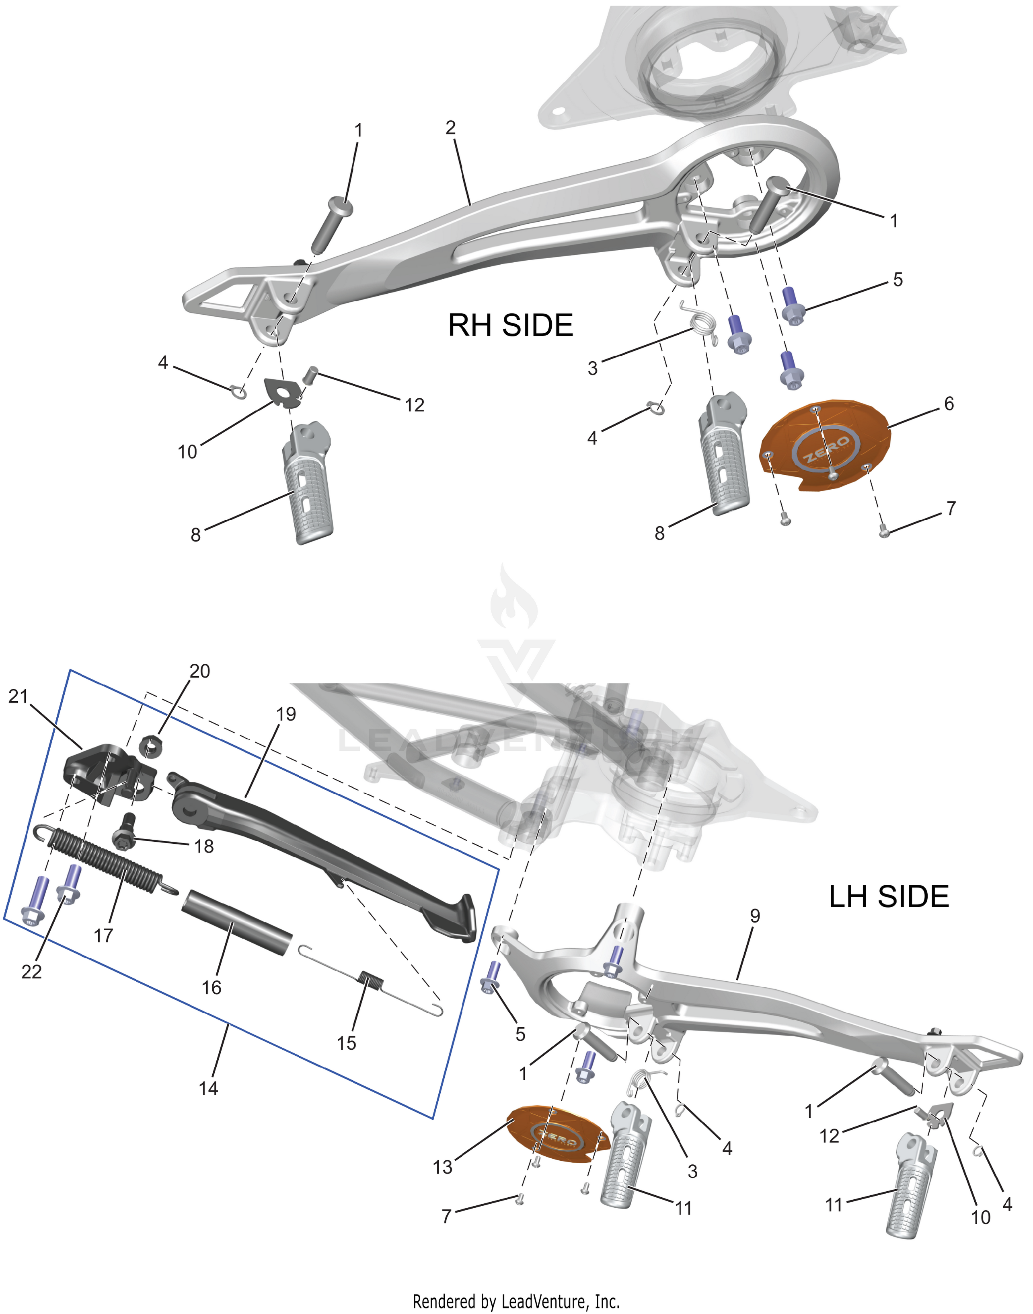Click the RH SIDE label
coord(510,325)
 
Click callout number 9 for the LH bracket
coord(754,916)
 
